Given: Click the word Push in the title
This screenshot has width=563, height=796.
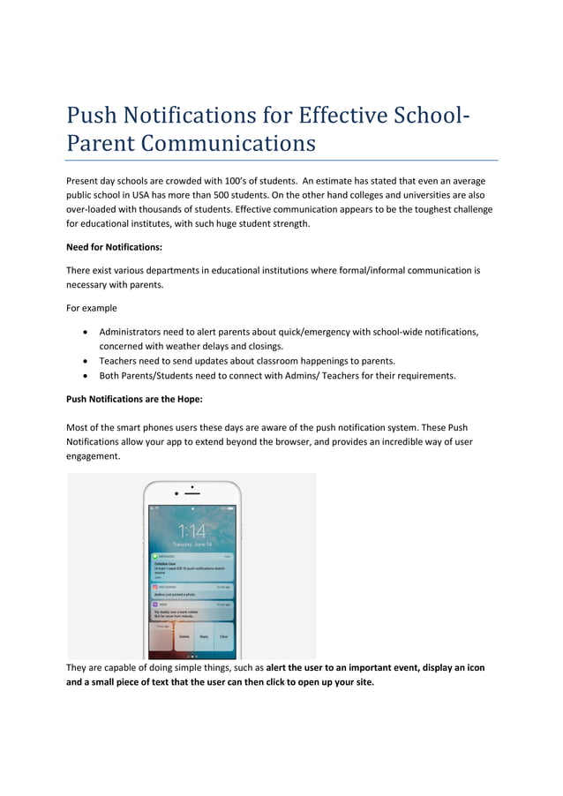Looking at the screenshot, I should tap(93, 116).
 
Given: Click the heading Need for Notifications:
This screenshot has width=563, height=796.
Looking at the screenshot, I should tap(115, 248).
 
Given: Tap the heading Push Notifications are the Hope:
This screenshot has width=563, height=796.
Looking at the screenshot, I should tap(134, 399).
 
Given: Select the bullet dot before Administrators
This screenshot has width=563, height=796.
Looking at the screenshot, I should tap(83, 332).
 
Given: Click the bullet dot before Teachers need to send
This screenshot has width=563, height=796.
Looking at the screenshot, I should tap(83, 361).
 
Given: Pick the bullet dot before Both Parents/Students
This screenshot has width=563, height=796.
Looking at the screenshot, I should tap(83, 376).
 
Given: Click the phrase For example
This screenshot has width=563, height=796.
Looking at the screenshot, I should tap(92, 308).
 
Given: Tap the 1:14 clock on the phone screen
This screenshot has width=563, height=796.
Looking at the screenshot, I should tap(191, 530).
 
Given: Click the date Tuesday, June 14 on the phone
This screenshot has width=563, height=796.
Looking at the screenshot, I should tap(191, 544).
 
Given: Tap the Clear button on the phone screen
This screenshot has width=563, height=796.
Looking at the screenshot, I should tap(223, 635).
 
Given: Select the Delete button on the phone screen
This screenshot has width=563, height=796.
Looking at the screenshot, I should tap(184, 635).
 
